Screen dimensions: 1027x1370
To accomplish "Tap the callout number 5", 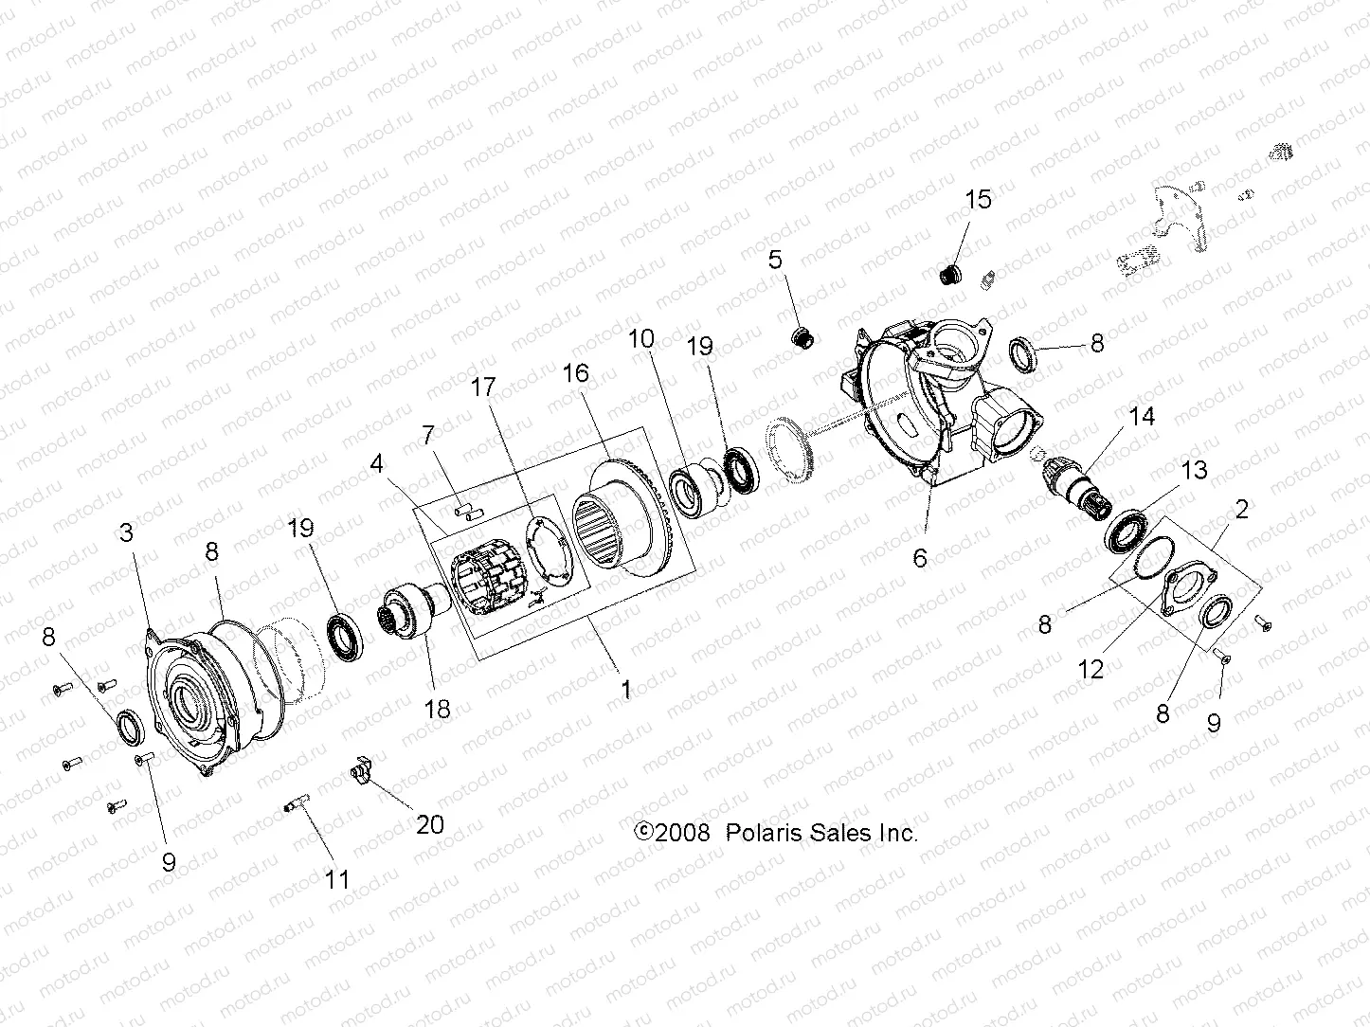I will [776, 260].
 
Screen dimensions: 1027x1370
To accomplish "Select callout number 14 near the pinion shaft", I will [1143, 416].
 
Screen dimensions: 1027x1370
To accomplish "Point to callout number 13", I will [1194, 470].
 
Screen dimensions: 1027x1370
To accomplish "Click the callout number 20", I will [430, 824].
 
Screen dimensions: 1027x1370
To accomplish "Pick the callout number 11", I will [337, 879].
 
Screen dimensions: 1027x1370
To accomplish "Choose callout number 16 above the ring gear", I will [576, 373].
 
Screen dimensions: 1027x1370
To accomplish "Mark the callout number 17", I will [483, 387].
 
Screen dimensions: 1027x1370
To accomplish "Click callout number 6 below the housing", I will [920, 558].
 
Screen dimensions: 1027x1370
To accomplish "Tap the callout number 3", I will [126, 532].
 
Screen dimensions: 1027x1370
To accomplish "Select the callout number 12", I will [1091, 669].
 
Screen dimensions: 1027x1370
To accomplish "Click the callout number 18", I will [438, 708].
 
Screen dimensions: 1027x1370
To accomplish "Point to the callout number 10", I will [641, 339].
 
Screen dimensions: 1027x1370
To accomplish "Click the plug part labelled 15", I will [947, 275].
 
